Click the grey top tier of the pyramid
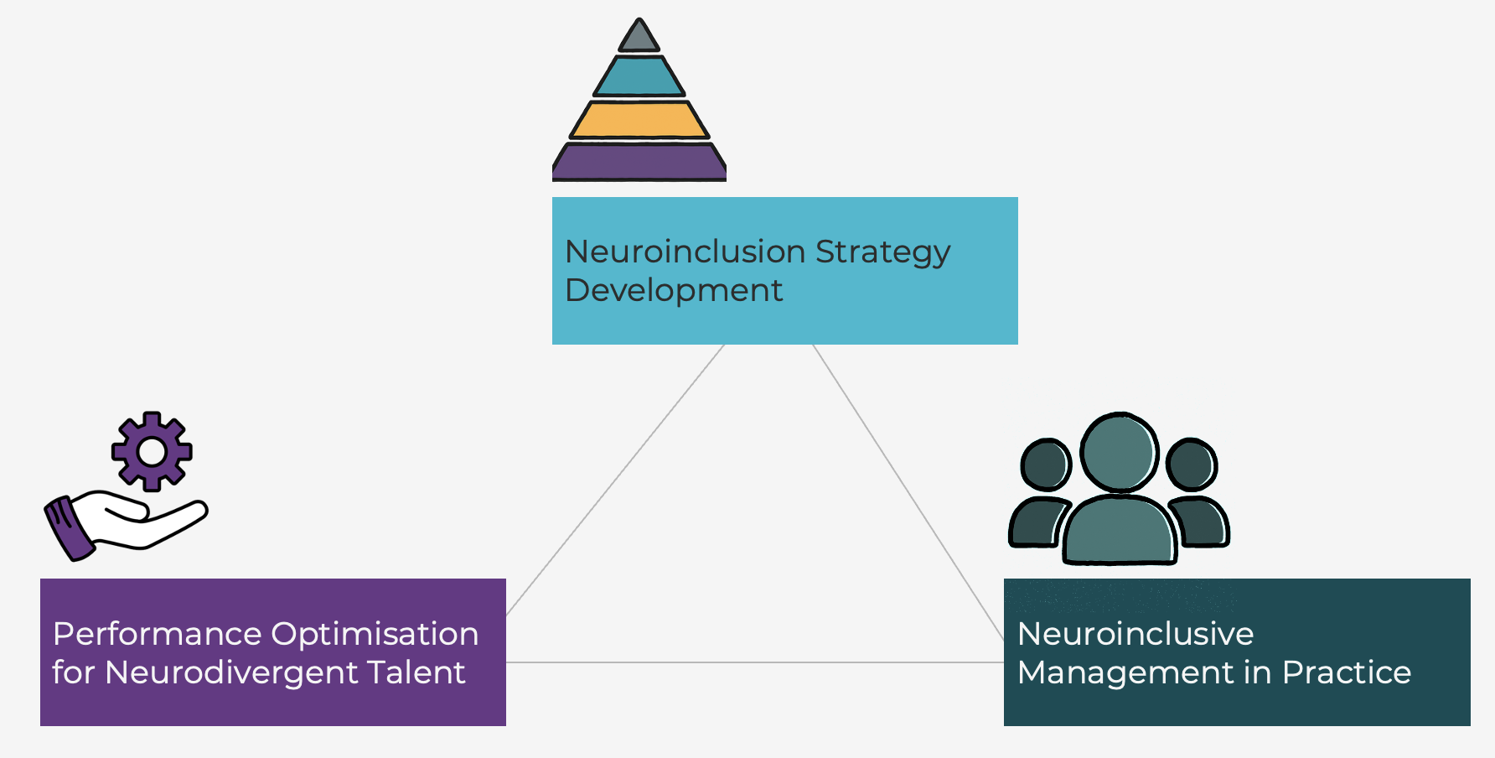[639, 38]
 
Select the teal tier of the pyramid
[639, 77]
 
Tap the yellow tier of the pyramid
[639, 120]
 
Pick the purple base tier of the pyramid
[639, 161]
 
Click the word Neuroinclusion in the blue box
[685, 252]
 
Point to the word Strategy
[882, 252]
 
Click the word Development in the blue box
[674, 290]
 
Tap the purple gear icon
[152, 451]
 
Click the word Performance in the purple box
[157, 634]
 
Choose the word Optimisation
[375, 634]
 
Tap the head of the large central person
[1120, 452]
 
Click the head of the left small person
[1045, 465]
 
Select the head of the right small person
[1191, 465]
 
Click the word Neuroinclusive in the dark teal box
[1135, 634]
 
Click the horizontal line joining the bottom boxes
[754, 662]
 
